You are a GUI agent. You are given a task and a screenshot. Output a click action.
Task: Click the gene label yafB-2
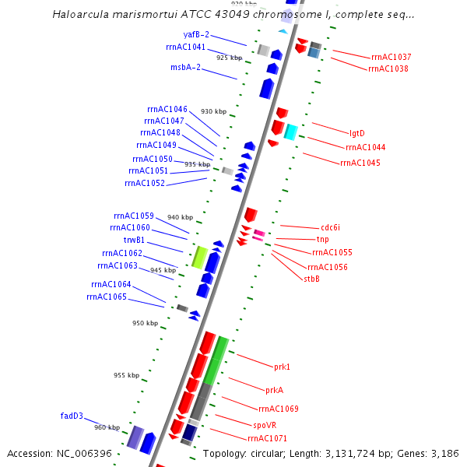tap(196, 35)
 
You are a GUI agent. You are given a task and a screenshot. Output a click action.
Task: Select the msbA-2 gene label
tap(186, 68)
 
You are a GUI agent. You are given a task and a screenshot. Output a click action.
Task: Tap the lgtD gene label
tap(356, 134)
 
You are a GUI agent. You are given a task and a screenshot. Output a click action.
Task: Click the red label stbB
tap(311, 279)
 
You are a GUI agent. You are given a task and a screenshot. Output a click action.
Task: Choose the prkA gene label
tap(274, 390)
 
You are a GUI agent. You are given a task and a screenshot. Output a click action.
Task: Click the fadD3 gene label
tap(72, 416)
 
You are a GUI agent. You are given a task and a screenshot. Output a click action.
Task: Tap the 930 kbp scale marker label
tap(213, 112)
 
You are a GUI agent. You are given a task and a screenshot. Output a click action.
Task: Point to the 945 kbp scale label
tap(163, 270)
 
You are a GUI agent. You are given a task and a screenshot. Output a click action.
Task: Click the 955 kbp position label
tap(126, 375)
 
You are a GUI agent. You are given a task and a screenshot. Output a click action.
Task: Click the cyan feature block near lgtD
tap(290, 132)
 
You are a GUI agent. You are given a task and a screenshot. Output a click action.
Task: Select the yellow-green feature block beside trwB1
tap(198, 256)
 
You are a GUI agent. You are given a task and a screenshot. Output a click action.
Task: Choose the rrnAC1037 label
tap(392, 58)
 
